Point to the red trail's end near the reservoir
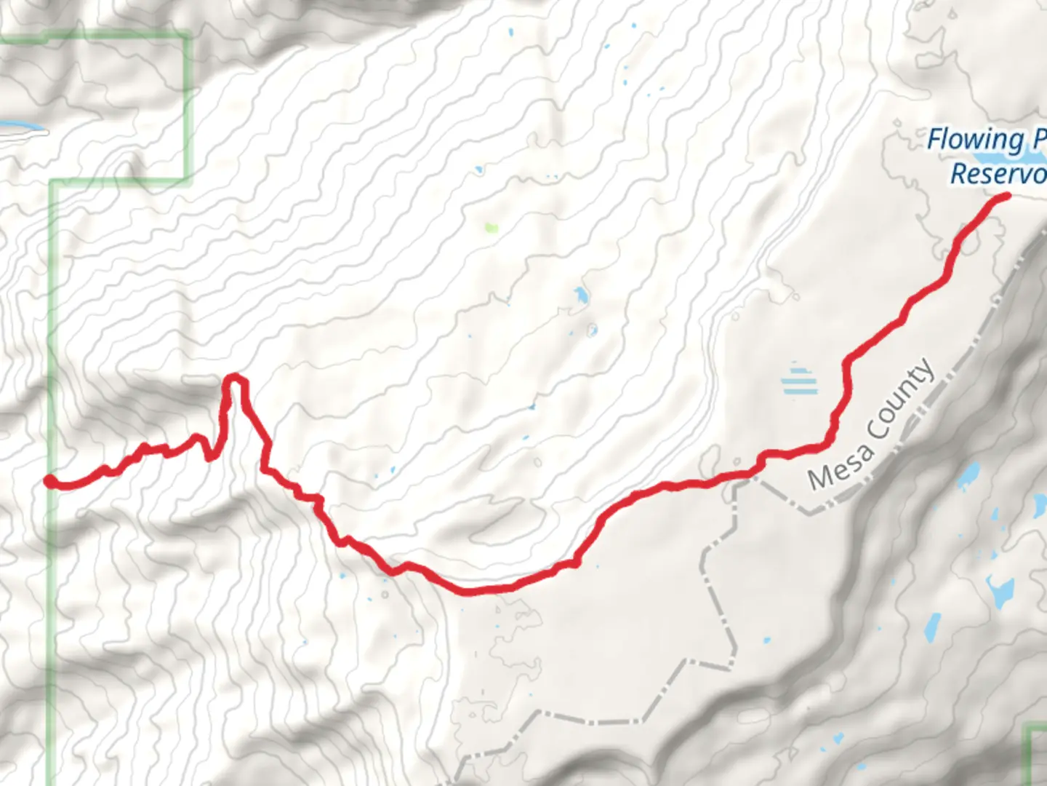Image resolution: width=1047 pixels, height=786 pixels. tap(1007, 195)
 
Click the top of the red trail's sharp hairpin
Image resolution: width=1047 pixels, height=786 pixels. tap(233, 376)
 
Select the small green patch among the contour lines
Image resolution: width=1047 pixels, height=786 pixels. tap(492, 228)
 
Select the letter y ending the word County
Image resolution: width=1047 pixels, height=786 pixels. tap(926, 370)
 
